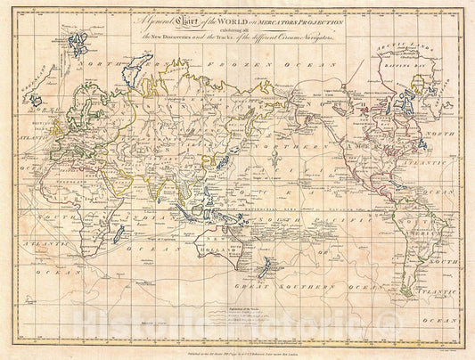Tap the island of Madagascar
tap(118, 235)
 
